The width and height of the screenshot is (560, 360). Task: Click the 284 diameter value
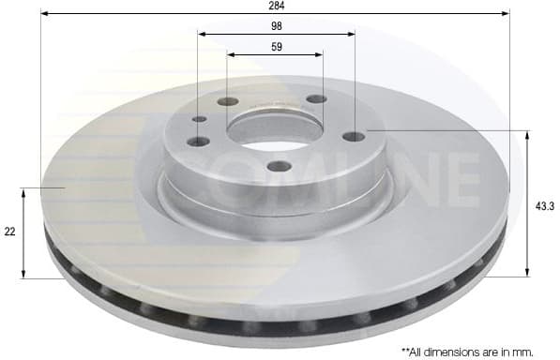pyautogui.click(x=276, y=6)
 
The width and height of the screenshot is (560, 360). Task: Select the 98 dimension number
pyautogui.click(x=276, y=26)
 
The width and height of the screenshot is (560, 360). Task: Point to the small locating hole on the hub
pyautogui.click(x=199, y=119)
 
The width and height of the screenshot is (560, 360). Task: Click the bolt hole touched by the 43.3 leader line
pyautogui.click(x=354, y=137)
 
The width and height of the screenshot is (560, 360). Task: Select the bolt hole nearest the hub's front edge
pyautogui.click(x=280, y=167)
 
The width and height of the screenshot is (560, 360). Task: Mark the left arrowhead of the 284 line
pyautogui.click(x=44, y=14)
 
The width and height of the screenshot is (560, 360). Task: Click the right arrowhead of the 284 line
pyautogui.click(x=507, y=14)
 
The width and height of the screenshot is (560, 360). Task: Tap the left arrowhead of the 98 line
pyautogui.click(x=201, y=35)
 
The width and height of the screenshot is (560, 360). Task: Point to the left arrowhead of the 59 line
pyautogui.click(x=230, y=54)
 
